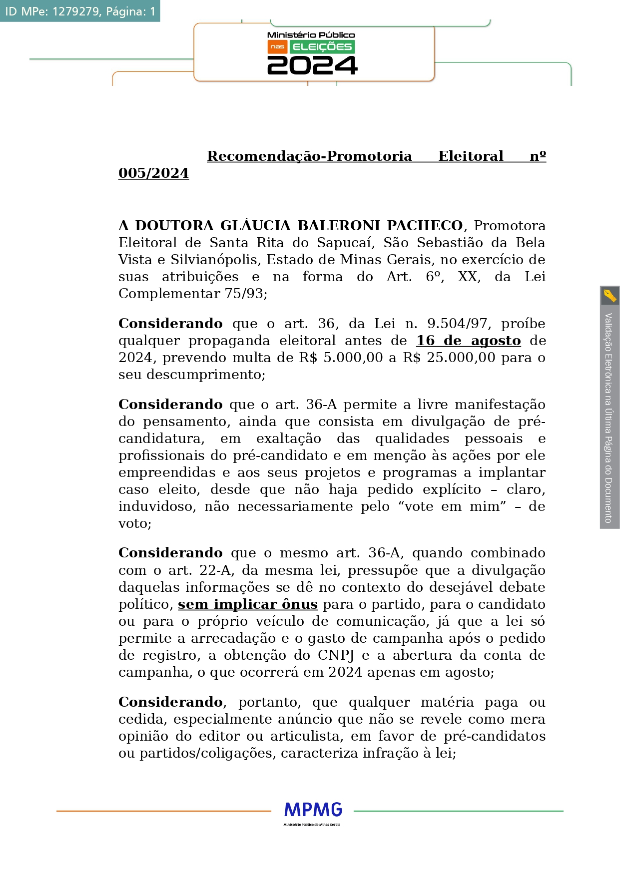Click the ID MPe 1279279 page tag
80,11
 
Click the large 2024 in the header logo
312,65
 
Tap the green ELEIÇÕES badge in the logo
322,47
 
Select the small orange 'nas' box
277,47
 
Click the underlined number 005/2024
153,173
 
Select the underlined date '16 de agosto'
468,341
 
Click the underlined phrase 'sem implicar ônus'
248,604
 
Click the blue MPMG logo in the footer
313,810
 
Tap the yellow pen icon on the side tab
610,296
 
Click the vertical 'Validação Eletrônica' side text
609,417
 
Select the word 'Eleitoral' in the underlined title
471,156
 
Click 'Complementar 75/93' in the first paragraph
192,294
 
